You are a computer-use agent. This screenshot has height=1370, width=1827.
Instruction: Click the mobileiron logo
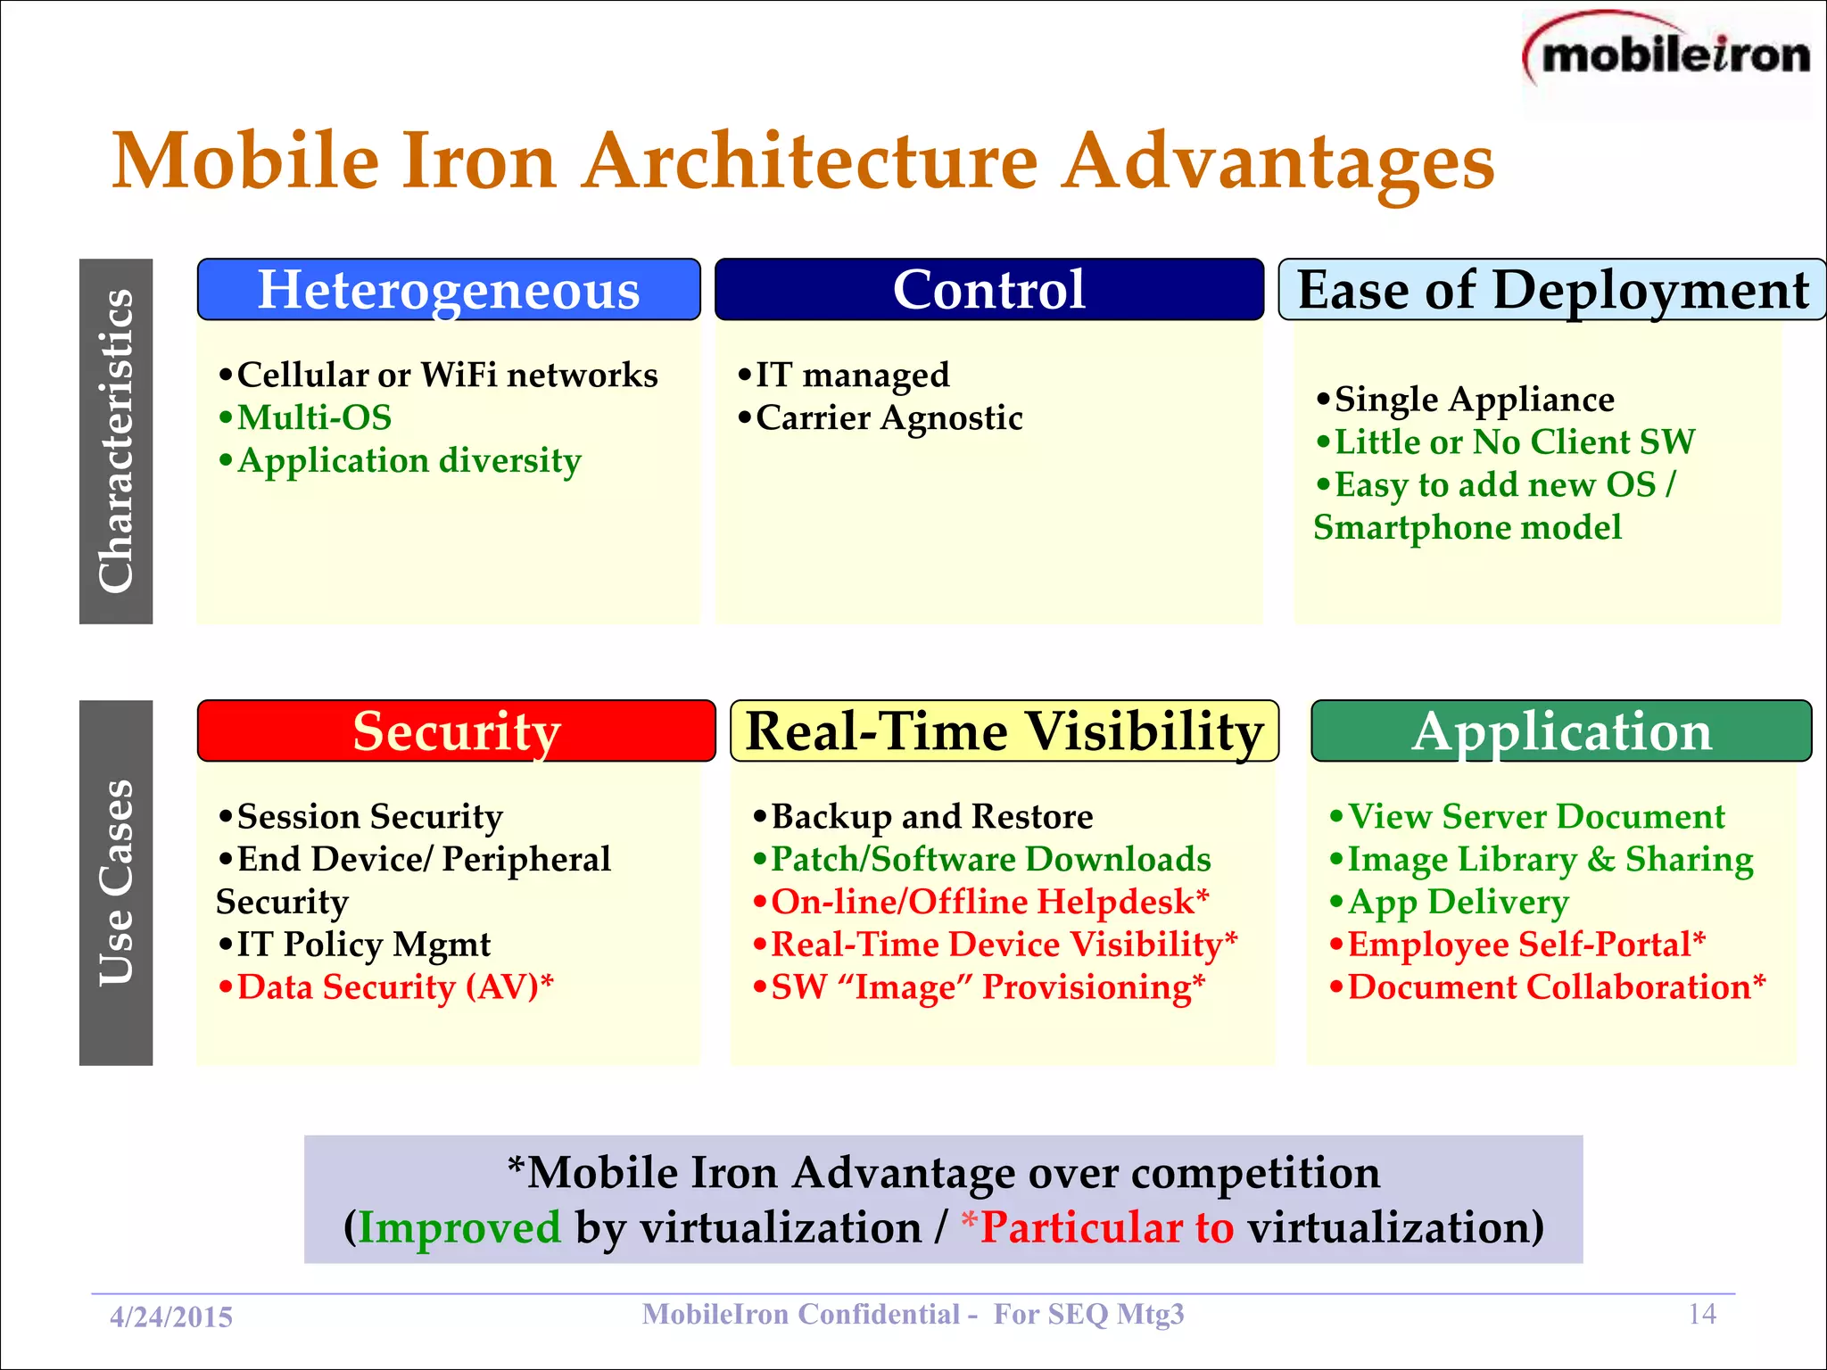click(1668, 55)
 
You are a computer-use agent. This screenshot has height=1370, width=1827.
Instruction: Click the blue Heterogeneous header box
click(449, 290)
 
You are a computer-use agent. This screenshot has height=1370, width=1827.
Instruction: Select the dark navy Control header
click(988, 290)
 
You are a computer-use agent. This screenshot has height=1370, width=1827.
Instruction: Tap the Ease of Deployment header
click(1552, 290)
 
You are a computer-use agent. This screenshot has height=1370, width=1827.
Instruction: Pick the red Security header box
click(456, 731)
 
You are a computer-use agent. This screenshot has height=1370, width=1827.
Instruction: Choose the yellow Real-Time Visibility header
click(1004, 731)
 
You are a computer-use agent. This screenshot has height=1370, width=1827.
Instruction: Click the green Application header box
click(1561, 731)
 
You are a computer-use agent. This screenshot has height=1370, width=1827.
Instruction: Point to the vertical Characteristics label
click(116, 442)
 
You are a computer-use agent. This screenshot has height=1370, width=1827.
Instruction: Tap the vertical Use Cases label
click(116, 883)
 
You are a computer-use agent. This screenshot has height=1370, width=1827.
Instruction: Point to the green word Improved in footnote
click(459, 1227)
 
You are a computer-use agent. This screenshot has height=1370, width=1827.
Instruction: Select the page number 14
click(1702, 1314)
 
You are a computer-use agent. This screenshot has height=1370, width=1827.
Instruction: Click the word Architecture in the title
click(810, 161)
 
